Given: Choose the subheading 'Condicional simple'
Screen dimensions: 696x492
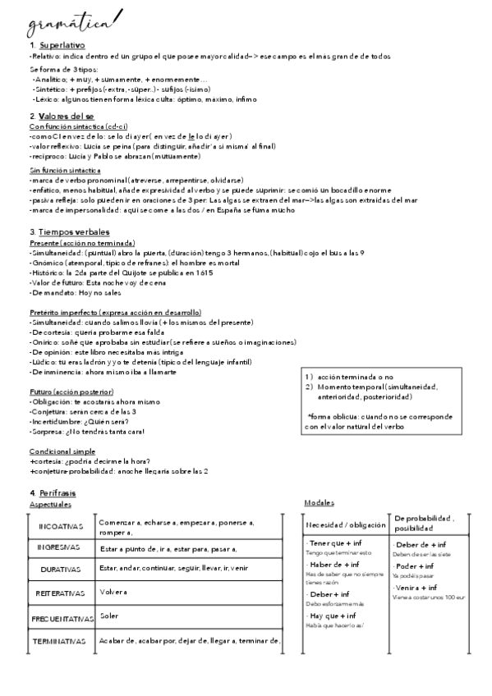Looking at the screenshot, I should tap(62, 451).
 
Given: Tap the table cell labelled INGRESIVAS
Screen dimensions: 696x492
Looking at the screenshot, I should tap(58, 547).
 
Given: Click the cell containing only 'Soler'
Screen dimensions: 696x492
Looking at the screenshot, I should tap(109, 615).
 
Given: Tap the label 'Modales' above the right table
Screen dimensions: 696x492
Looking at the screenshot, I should tap(319, 502).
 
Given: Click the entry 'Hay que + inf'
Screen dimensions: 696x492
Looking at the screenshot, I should tap(332, 616).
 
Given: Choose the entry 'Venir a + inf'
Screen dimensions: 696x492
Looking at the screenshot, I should tap(416, 588).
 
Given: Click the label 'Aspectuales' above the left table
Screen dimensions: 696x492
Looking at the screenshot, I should tap(49, 504).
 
